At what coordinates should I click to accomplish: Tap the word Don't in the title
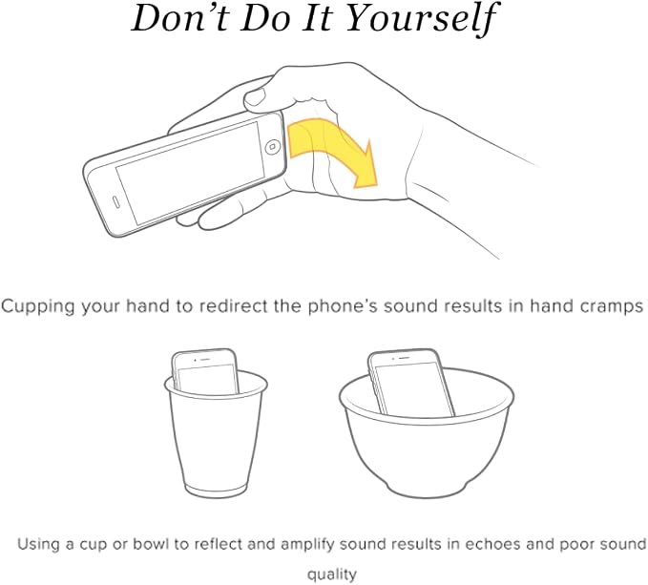pyautogui.click(x=180, y=18)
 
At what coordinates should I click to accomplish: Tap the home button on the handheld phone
pyautogui.click(x=272, y=146)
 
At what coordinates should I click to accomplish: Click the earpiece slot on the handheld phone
pyautogui.click(x=116, y=201)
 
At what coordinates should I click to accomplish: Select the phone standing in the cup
pyautogui.click(x=205, y=371)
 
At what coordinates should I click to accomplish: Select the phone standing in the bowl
pyautogui.click(x=410, y=383)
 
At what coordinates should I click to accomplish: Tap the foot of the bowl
pyautogui.click(x=425, y=490)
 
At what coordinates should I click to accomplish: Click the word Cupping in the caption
pyautogui.click(x=38, y=306)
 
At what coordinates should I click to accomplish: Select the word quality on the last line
pyautogui.click(x=332, y=575)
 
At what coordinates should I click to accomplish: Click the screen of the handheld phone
pyautogui.click(x=191, y=174)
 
